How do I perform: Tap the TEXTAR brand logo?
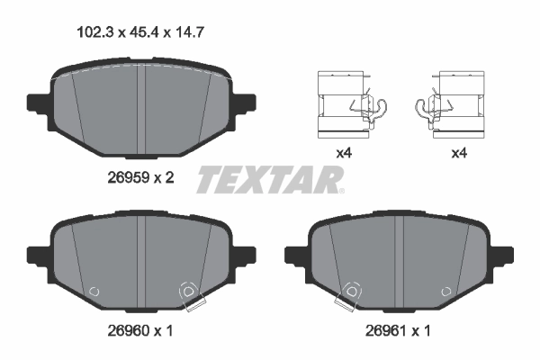pos(270,179)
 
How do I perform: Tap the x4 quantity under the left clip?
pos(343,154)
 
